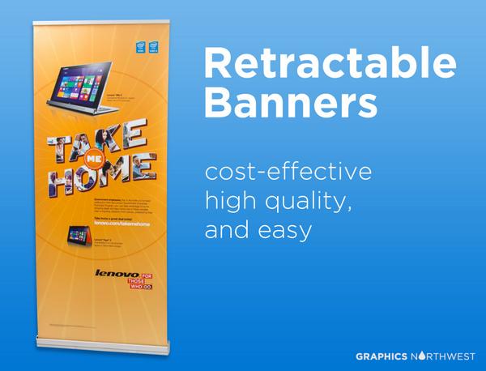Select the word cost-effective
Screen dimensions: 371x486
288,173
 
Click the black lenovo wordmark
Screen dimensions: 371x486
113,274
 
